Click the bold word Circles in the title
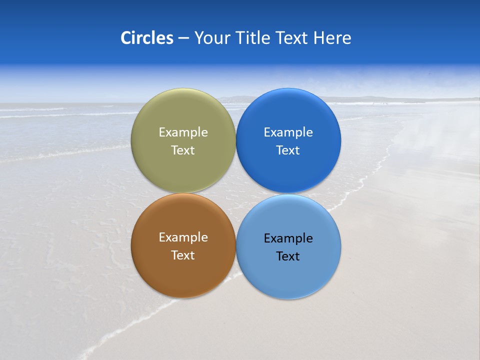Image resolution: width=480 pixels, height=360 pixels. coord(147,38)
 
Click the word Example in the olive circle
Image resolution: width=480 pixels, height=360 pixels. coord(183,132)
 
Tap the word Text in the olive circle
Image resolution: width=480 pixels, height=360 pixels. coord(183,150)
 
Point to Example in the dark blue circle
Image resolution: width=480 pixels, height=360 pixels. coord(288,132)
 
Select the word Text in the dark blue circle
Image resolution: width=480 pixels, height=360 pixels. coord(288,150)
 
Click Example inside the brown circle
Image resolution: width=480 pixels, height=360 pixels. coord(183,237)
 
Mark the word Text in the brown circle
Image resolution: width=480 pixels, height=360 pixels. coord(183,255)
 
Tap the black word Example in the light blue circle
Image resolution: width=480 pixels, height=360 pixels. coord(288,238)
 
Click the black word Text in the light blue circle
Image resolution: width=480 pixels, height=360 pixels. coord(288,256)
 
